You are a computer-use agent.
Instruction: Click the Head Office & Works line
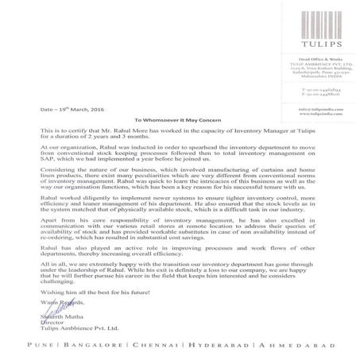coord(308,60)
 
